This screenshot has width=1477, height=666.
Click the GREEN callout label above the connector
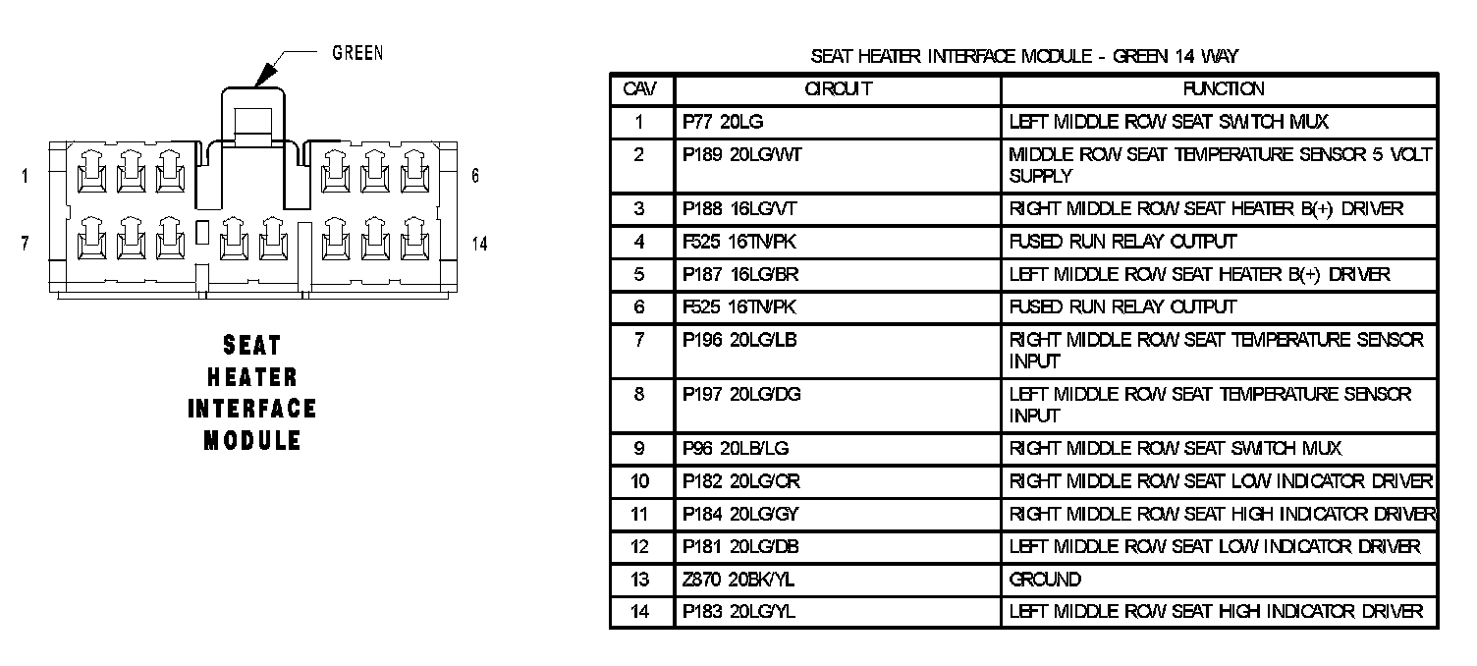coord(357,53)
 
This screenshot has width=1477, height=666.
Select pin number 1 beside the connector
coord(24,177)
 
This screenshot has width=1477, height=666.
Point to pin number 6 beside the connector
coord(475,177)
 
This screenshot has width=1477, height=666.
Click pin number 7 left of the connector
coord(24,244)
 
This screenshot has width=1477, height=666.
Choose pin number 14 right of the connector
coord(479,244)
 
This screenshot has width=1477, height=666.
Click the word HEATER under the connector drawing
coord(252,377)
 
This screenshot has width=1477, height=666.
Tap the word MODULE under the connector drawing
coord(252,440)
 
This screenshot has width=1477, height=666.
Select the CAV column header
coord(640,89)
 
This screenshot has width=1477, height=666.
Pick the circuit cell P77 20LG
coord(722,122)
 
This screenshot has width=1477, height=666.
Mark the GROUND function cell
coord(1045,580)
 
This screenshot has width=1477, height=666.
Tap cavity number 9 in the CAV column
coord(640,449)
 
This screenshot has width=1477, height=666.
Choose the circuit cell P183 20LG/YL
coord(733,612)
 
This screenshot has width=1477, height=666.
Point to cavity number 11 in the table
coord(640,514)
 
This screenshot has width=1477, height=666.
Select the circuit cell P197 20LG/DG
coord(735,394)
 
